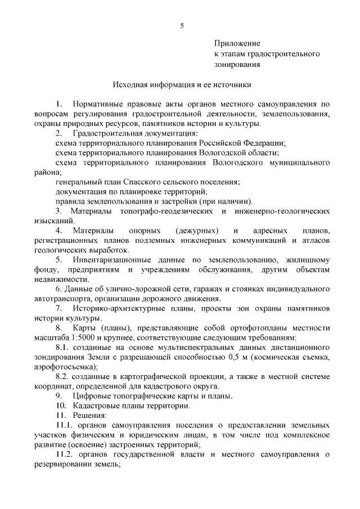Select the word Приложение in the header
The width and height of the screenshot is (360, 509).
pyautogui.click(x=237, y=43)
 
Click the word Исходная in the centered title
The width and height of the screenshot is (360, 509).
pyautogui.click(x=133, y=85)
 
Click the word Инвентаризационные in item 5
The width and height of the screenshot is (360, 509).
pyautogui.click(x=111, y=260)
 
